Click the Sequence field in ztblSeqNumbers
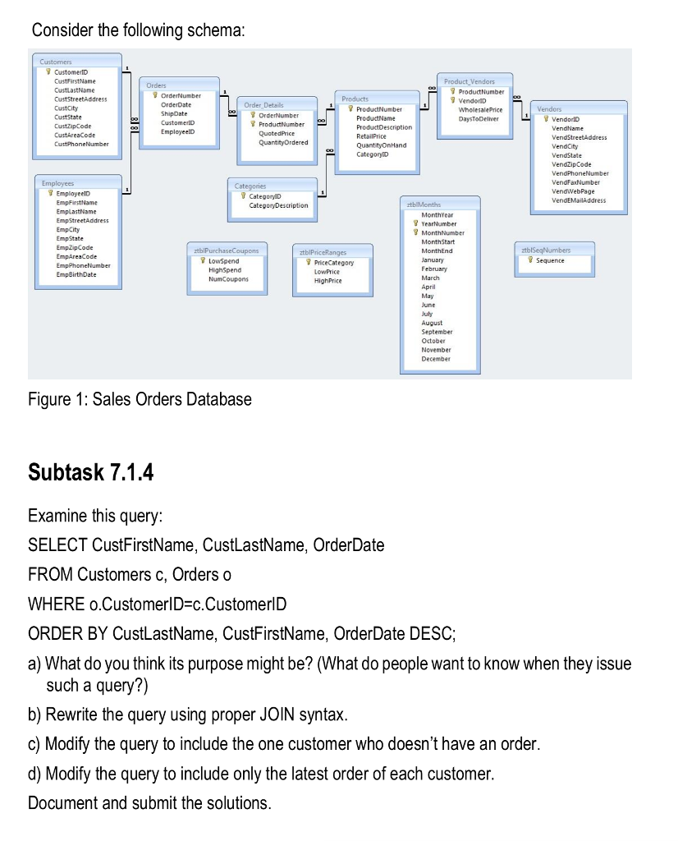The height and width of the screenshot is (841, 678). point(550,260)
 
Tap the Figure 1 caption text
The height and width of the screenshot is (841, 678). point(140,400)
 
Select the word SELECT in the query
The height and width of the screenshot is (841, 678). point(57,545)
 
